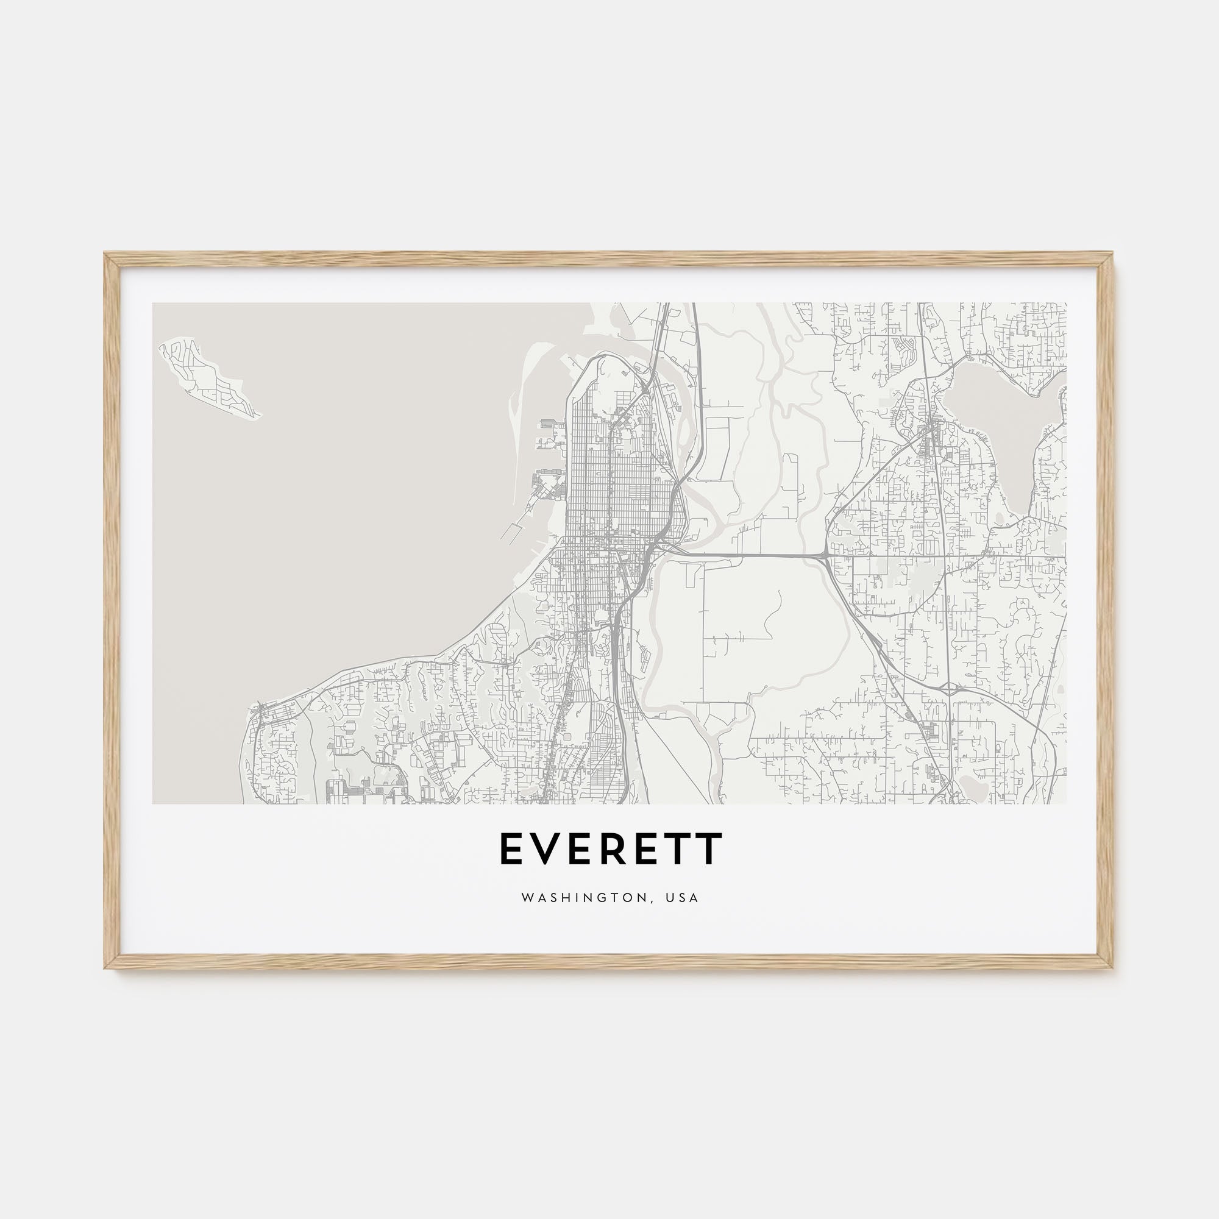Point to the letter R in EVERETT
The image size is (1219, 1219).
click(x=613, y=848)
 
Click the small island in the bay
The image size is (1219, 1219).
click(x=208, y=378)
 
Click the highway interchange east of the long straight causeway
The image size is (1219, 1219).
click(x=825, y=556)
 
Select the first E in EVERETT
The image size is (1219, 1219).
click(x=512, y=848)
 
